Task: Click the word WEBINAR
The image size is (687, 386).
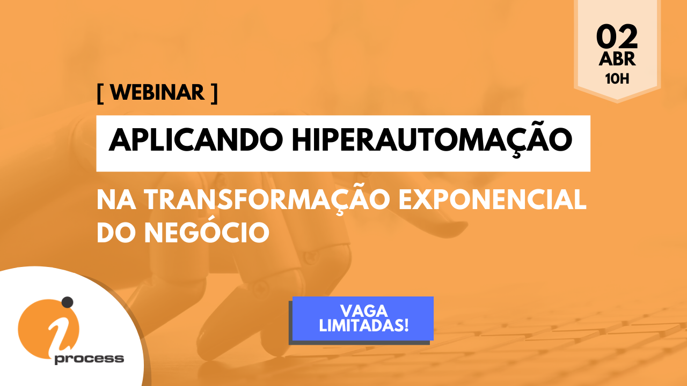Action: click(x=157, y=92)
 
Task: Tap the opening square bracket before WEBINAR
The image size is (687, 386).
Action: click(x=100, y=94)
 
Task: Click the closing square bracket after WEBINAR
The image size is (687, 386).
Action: click(x=214, y=94)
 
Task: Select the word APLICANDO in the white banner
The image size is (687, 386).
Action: click(x=196, y=140)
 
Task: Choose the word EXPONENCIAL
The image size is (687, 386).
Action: click(x=493, y=200)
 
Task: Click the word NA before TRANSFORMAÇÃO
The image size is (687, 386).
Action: click(x=116, y=200)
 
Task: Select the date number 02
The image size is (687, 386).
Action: click(x=617, y=37)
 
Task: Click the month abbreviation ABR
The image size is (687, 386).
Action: click(x=617, y=59)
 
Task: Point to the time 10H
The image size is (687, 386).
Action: click(x=617, y=79)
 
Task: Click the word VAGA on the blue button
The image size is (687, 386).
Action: click(x=364, y=311)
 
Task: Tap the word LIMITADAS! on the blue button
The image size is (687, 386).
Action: click(x=364, y=325)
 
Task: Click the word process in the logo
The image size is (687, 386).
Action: click(x=89, y=359)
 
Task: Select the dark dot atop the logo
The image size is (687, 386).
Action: click(x=68, y=302)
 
